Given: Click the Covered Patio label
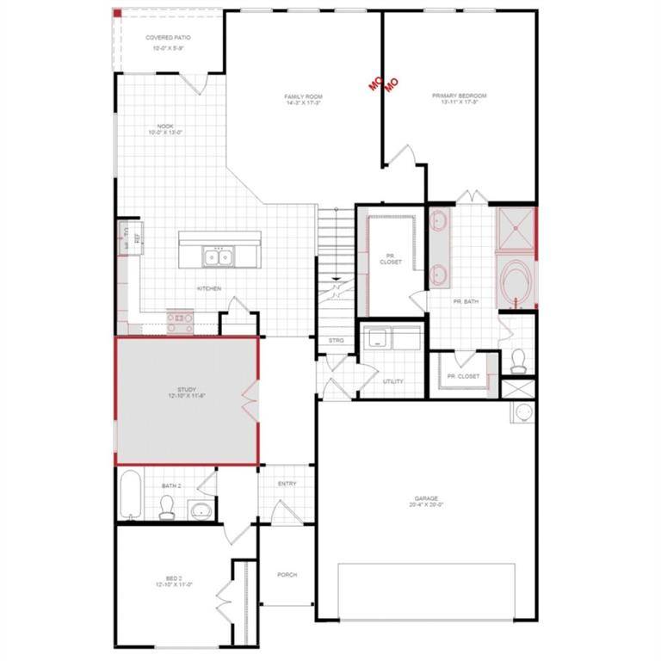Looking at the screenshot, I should coord(168,39).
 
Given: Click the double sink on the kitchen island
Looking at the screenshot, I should coord(217,256).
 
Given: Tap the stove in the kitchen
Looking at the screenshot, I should coord(181,322).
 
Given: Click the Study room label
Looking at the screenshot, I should coord(187,392).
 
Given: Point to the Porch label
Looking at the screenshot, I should coord(287,575).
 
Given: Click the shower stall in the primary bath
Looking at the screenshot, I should coord(513,230).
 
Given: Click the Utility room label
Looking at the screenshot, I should coord(392,380).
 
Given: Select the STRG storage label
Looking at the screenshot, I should coord(337,340).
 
